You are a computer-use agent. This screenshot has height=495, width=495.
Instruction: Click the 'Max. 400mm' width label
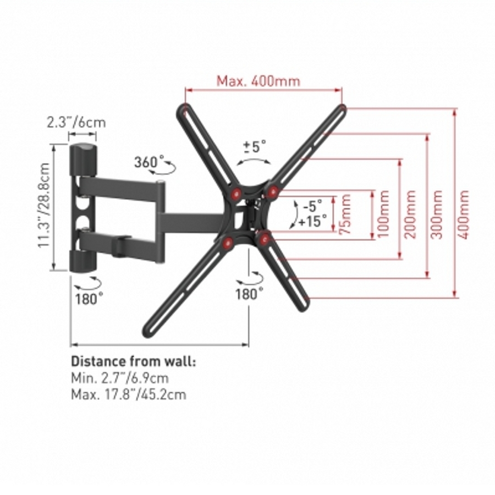(x=258, y=81)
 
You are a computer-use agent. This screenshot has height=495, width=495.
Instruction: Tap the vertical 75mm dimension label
(x=345, y=214)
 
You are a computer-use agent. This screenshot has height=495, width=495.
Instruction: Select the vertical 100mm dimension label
(x=383, y=214)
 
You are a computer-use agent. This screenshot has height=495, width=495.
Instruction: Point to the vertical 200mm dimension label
(x=410, y=214)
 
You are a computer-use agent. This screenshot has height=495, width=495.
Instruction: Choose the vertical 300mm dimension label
(x=437, y=214)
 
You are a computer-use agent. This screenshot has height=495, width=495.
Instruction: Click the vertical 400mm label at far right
(x=464, y=214)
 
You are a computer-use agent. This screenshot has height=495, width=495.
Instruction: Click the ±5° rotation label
(x=255, y=147)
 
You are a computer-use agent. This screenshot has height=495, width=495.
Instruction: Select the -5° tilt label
(x=312, y=206)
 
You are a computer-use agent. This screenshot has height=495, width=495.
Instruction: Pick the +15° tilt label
(x=313, y=221)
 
